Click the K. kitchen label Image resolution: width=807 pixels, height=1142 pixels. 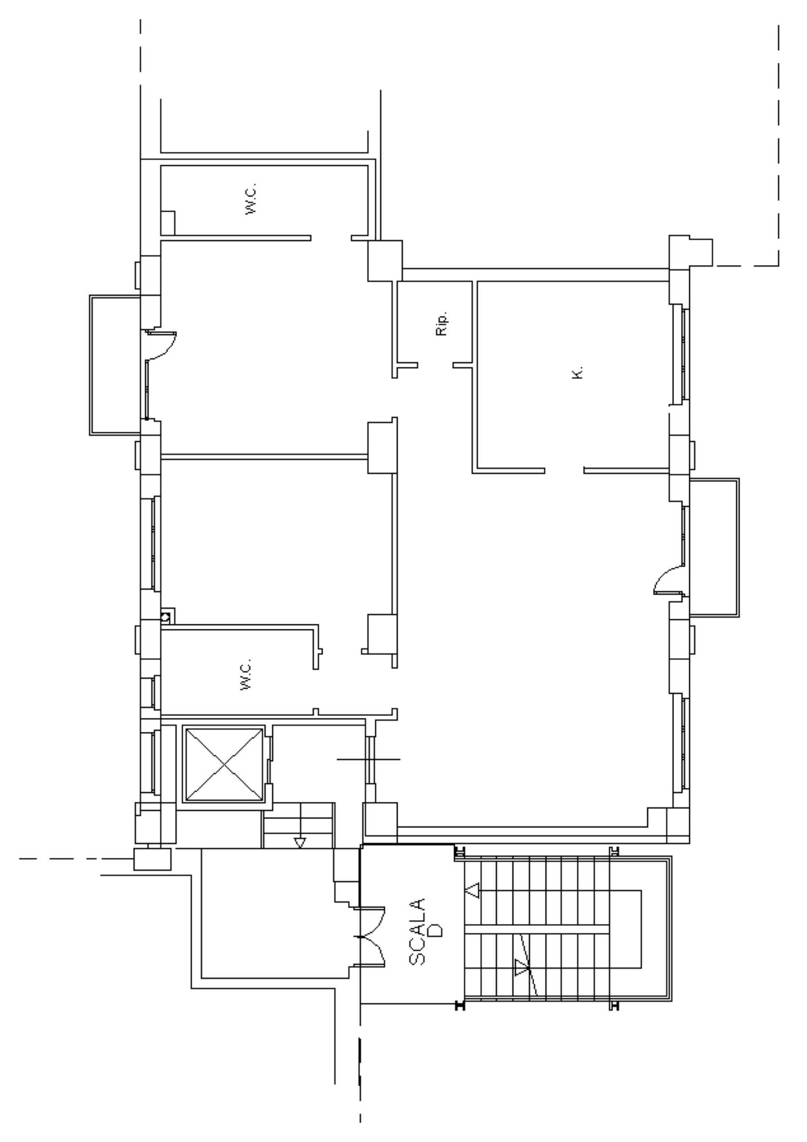click(577, 373)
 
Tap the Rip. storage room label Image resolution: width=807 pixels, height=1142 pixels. click(441, 323)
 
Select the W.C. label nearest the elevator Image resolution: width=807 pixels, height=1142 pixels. click(246, 674)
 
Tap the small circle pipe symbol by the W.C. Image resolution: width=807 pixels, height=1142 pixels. click(166, 618)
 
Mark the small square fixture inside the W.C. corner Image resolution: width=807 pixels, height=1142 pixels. click(168, 223)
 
